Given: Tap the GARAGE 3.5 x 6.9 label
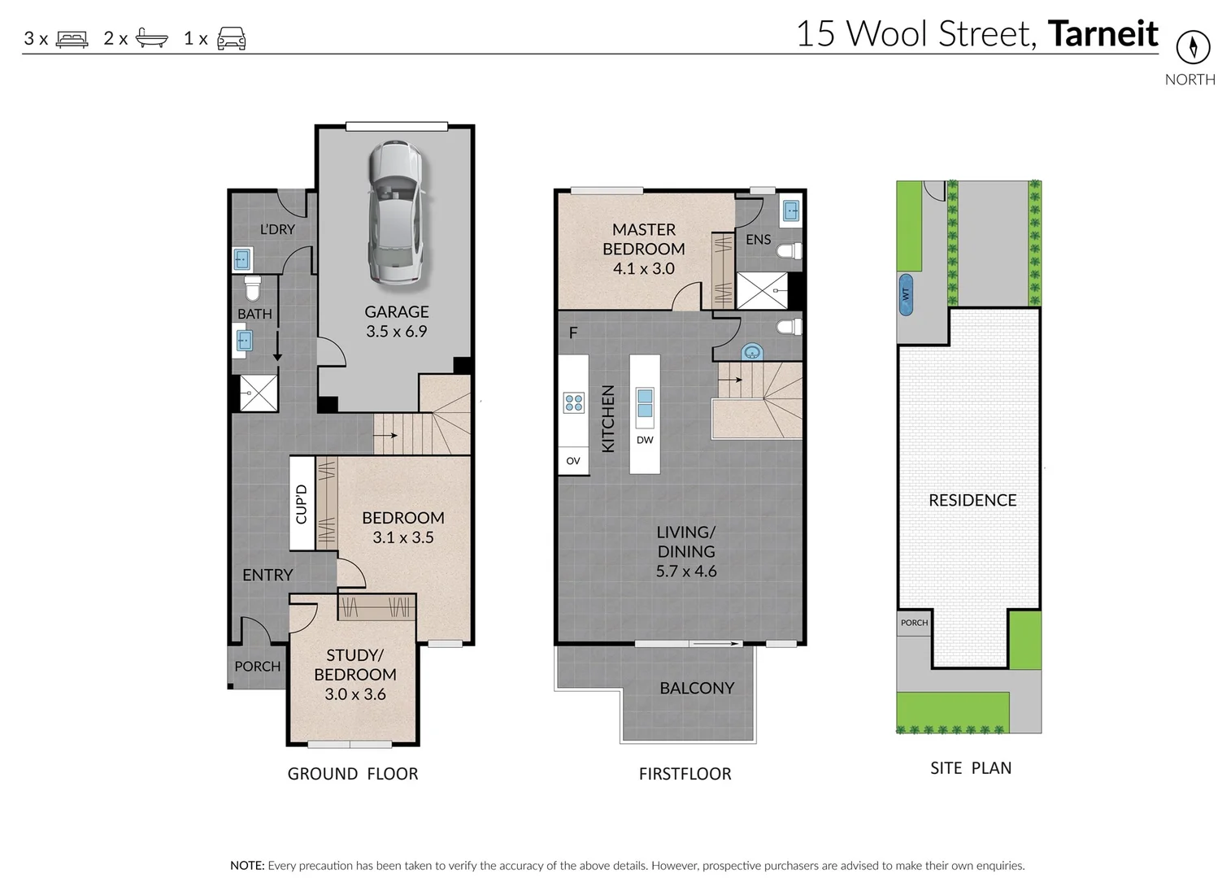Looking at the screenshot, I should point(396,322).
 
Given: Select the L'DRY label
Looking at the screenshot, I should point(277,229).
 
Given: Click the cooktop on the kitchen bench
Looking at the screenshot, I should point(573,402).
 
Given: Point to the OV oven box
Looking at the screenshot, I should point(573,461).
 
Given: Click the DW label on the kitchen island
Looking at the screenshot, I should point(645,440).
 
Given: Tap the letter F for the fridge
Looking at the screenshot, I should point(573,333).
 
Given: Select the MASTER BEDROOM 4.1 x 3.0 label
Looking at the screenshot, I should point(643,249).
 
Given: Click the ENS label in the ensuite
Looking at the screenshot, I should point(758,239).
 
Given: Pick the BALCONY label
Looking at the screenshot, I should point(697,688).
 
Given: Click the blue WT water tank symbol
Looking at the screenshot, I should point(906,294).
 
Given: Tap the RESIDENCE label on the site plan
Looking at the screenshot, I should point(972,500).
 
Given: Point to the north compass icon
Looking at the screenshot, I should point(1193,46).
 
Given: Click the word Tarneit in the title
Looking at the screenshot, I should point(1103,34).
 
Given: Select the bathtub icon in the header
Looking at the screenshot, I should point(151,37).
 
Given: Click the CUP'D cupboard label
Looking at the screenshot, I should point(302,504).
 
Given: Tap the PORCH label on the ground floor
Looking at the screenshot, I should point(257,666).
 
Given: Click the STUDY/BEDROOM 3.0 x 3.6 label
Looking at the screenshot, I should point(355,674).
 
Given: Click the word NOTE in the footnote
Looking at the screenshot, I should point(247,866).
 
